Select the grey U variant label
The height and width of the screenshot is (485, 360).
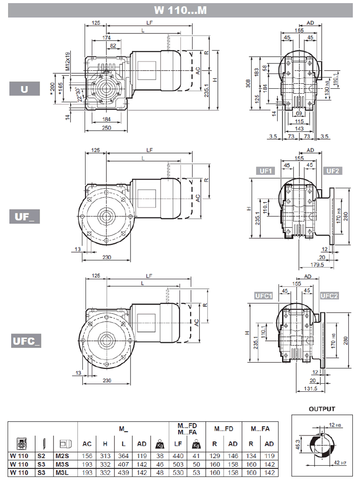tap(24, 89)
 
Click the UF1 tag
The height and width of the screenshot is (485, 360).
tap(265, 171)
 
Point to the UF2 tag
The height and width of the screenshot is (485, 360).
tap(332, 171)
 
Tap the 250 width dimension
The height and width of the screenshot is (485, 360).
tap(106, 128)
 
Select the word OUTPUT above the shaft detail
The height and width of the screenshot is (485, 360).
tap(322, 409)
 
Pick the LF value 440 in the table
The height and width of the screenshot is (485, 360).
tap(178, 456)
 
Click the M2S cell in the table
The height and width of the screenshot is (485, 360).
tap(62, 456)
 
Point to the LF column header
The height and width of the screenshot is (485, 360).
tap(178, 444)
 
